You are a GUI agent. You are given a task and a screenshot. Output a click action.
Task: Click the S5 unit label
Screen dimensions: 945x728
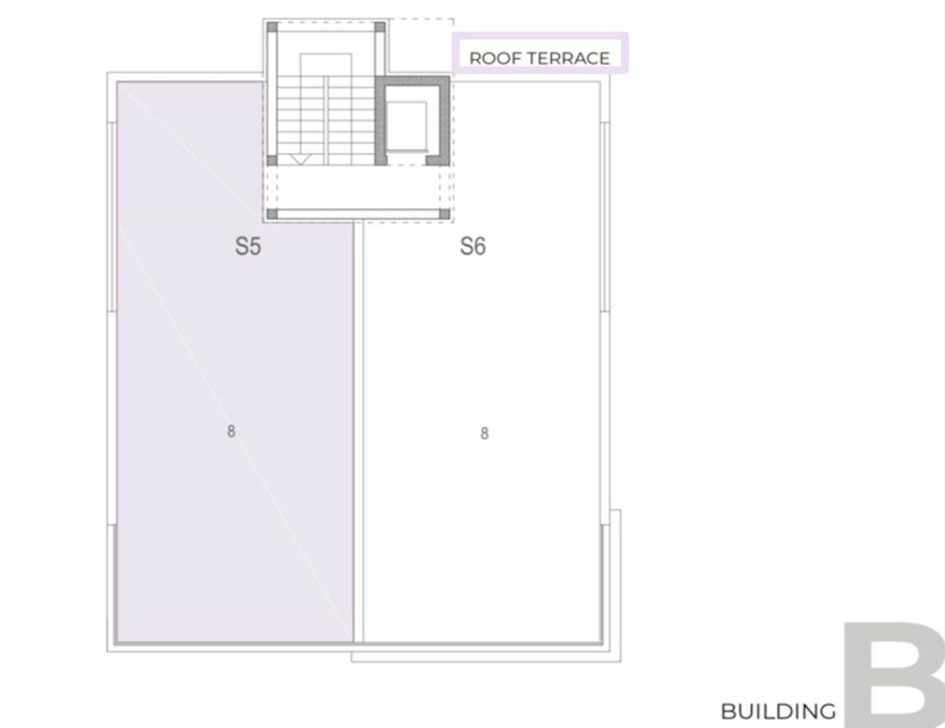247,246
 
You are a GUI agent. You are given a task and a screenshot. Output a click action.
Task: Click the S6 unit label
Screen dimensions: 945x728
472,246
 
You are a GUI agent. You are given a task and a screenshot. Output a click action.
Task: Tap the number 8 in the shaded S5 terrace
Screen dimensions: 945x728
231,431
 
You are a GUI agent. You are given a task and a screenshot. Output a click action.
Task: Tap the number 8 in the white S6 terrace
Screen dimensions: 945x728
484,433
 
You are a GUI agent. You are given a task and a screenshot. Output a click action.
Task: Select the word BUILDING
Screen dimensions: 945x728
778,711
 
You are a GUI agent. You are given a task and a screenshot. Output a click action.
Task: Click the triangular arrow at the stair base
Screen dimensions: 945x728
300,159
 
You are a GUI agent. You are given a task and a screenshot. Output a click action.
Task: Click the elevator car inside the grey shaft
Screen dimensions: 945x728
407,126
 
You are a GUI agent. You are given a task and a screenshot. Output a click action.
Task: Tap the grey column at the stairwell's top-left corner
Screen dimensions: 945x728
272,27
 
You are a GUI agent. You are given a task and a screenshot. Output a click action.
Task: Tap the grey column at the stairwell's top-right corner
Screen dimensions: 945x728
379,27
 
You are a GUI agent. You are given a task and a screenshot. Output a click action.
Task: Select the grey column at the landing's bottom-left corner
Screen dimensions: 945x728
272,213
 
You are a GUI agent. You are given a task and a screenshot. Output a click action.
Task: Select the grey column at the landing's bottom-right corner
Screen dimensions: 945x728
444,213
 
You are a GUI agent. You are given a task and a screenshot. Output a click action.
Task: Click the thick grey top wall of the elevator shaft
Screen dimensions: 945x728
413,80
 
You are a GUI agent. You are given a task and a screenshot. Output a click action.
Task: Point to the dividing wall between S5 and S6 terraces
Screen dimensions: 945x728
359,431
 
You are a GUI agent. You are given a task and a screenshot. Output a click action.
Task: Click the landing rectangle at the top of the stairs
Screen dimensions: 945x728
326,65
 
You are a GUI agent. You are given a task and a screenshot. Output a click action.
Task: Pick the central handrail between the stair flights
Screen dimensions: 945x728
326,120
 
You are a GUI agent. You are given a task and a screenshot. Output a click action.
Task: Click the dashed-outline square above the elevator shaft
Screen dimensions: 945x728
421,46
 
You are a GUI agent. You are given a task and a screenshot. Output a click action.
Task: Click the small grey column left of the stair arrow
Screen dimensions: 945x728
272,160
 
